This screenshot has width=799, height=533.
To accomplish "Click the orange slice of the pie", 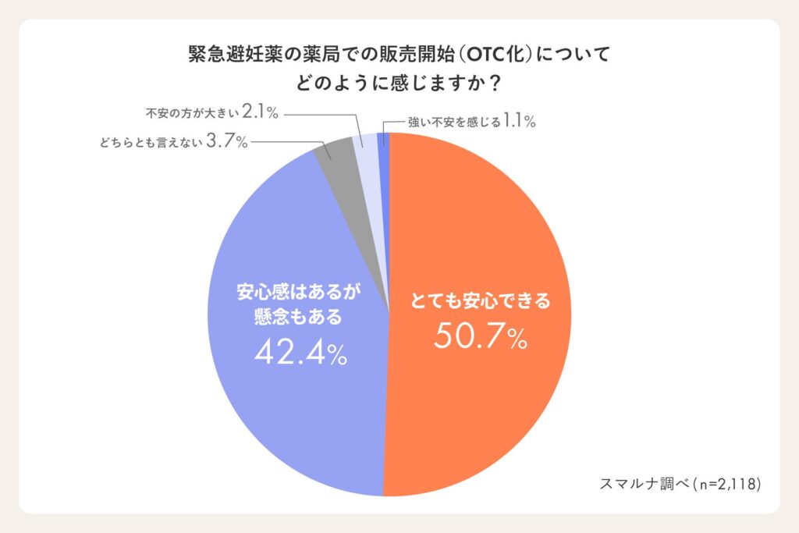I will point(484,234).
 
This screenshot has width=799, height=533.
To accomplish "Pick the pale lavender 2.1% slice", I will point(364,148).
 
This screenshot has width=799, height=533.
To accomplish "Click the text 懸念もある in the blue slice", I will point(300,318).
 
